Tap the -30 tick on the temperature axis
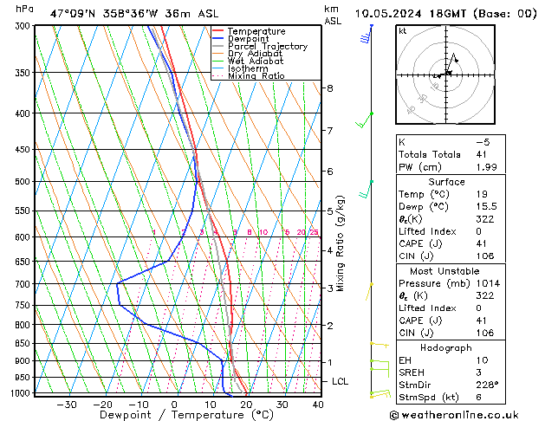tap(67, 405)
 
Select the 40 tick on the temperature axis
tap(318, 405)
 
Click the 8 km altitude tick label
tap(329, 88)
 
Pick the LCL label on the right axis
tap(341, 381)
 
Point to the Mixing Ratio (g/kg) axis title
tap(341, 243)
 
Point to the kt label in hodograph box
tap(402, 30)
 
